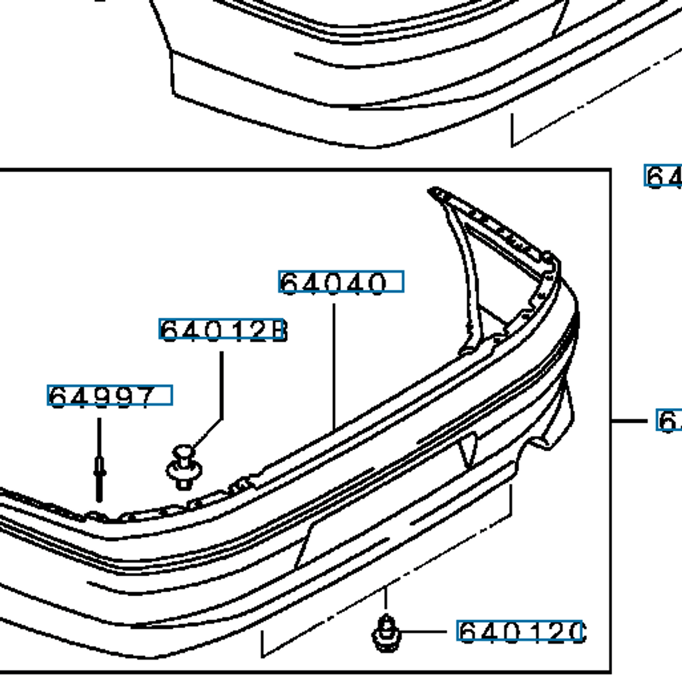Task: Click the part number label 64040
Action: point(341,282)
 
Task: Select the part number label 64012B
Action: point(222,330)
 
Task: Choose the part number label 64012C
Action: point(520,631)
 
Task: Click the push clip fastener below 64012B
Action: point(184,467)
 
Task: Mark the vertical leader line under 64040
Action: point(334,364)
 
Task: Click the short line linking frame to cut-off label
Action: point(630,421)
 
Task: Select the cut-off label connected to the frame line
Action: point(668,421)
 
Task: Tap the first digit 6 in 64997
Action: point(58,397)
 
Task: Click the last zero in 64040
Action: point(376,283)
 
